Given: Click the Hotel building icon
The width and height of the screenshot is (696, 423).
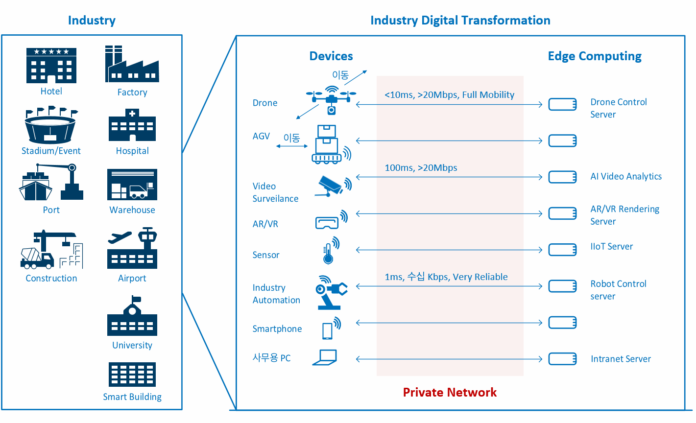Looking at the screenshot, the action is [x=51, y=65].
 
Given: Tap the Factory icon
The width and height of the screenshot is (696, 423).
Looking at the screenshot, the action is [x=132, y=64].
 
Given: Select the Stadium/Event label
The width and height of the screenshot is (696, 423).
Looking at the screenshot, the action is [x=51, y=151].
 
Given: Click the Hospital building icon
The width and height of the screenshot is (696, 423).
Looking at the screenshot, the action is [x=132, y=125].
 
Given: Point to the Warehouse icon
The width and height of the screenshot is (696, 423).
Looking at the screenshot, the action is [x=132, y=185].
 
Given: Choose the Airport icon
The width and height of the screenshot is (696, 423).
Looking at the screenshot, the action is [x=132, y=248].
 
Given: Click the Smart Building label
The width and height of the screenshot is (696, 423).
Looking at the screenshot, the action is [x=132, y=397].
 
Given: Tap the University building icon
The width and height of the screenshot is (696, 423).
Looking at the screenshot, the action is [x=132, y=316].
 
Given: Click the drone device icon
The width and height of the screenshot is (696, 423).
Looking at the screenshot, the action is [x=331, y=100].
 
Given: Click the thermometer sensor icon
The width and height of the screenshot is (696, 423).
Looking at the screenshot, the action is [x=331, y=251].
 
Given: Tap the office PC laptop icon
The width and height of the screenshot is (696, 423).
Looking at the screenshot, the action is [x=325, y=357].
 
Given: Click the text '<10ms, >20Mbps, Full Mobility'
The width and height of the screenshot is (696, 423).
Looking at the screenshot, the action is [x=449, y=94].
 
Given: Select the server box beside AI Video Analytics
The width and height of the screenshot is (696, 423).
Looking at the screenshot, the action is [x=562, y=177].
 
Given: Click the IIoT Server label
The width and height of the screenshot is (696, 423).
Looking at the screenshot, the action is [x=611, y=247].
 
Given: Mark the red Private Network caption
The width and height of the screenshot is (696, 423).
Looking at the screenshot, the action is [x=450, y=392].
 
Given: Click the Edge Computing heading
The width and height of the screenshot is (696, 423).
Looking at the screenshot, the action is [x=595, y=56].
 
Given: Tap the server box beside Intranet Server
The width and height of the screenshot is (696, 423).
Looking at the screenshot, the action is [x=562, y=359].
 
